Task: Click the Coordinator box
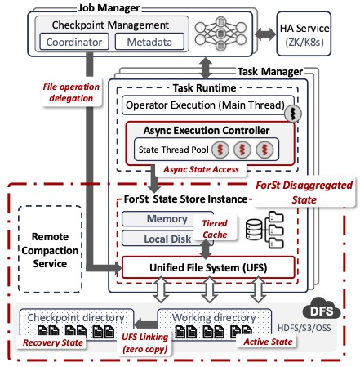74,42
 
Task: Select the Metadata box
149,42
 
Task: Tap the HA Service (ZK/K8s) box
304,34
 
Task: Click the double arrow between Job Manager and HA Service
265,34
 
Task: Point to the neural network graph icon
220,34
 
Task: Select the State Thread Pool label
173,150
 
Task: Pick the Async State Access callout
201,169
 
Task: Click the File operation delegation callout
71,92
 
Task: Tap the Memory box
167,219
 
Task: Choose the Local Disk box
167,239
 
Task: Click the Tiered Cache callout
215,229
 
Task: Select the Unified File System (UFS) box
208,267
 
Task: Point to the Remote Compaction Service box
50,249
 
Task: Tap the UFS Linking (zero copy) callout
144,342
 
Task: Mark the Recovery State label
53,342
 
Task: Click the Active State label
268,342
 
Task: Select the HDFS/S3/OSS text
304,328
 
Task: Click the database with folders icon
264,230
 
